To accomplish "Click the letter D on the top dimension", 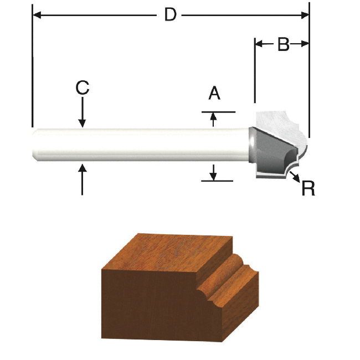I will point(170,15).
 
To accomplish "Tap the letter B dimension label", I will point(283,45).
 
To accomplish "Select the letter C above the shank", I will point(83,88).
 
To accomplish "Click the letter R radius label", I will point(308,189).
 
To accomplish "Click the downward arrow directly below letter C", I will point(83,122).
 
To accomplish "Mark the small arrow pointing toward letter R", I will point(297,177).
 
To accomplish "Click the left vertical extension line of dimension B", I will point(254,72).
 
